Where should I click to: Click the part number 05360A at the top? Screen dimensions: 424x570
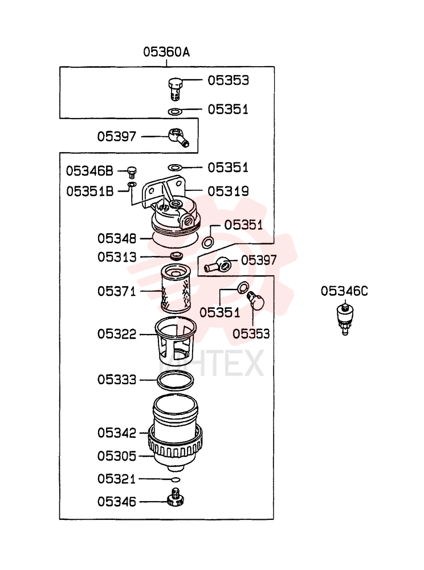point(166,52)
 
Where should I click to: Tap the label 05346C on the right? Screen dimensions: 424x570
point(344,291)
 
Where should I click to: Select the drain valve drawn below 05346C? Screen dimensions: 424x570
point(345,319)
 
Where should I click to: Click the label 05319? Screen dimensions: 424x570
point(228,191)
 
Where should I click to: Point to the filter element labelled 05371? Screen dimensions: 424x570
point(176,288)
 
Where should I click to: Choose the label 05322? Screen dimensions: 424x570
point(117,334)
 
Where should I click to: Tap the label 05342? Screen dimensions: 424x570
point(117,433)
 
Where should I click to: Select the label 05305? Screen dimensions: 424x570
point(117,456)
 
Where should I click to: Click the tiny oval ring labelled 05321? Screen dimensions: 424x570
point(176,479)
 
